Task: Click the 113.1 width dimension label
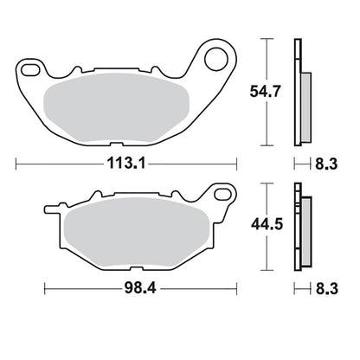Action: coord(126,164)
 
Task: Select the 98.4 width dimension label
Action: coord(140,288)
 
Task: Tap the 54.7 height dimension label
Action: coord(265,92)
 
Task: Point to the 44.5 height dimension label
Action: coord(267,224)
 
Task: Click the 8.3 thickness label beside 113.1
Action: coord(326,164)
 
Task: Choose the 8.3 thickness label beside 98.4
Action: coord(327,288)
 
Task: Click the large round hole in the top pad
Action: coord(216,59)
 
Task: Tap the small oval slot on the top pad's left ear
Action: coord(30,70)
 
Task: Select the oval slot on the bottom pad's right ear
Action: coord(223,194)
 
